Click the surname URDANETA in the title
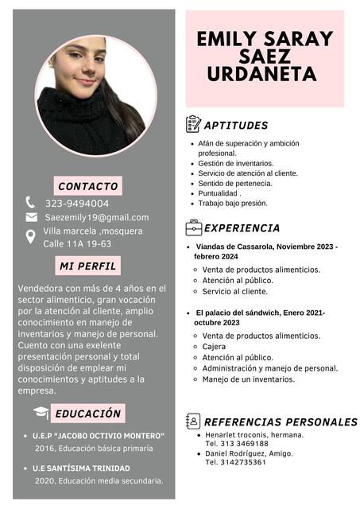pyautogui.click(x=261, y=74)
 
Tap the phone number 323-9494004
pyautogui.click(x=77, y=203)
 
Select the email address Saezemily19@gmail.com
pyautogui.click(x=96, y=217)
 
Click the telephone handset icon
pyautogui.click(x=30, y=202)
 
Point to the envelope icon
pyautogui.click(x=31, y=217)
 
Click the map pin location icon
pyautogui.click(x=31, y=235)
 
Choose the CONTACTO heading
pyautogui.click(x=88, y=186)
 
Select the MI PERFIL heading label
pyautogui.click(x=88, y=265)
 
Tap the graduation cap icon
pyautogui.click(x=41, y=413)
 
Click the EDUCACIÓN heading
pyautogui.click(x=88, y=414)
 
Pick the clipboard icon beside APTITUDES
pyautogui.click(x=193, y=124)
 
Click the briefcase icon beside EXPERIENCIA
pyautogui.click(x=193, y=228)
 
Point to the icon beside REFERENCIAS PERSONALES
pyautogui.click(x=193, y=421)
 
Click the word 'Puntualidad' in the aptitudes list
pyautogui.click(x=219, y=192)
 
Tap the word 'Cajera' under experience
pyautogui.click(x=214, y=347)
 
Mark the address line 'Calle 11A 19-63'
pyautogui.click(x=77, y=243)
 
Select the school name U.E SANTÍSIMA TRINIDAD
pyautogui.click(x=81, y=468)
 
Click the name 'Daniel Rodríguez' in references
pyautogui.click(x=236, y=453)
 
